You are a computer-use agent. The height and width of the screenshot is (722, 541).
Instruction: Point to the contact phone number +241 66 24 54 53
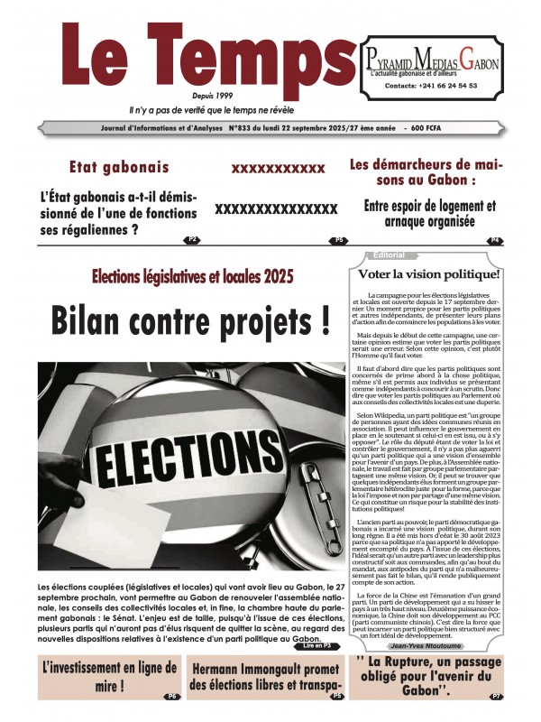point(431,86)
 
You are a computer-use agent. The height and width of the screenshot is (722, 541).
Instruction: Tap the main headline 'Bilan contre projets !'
point(189,319)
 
